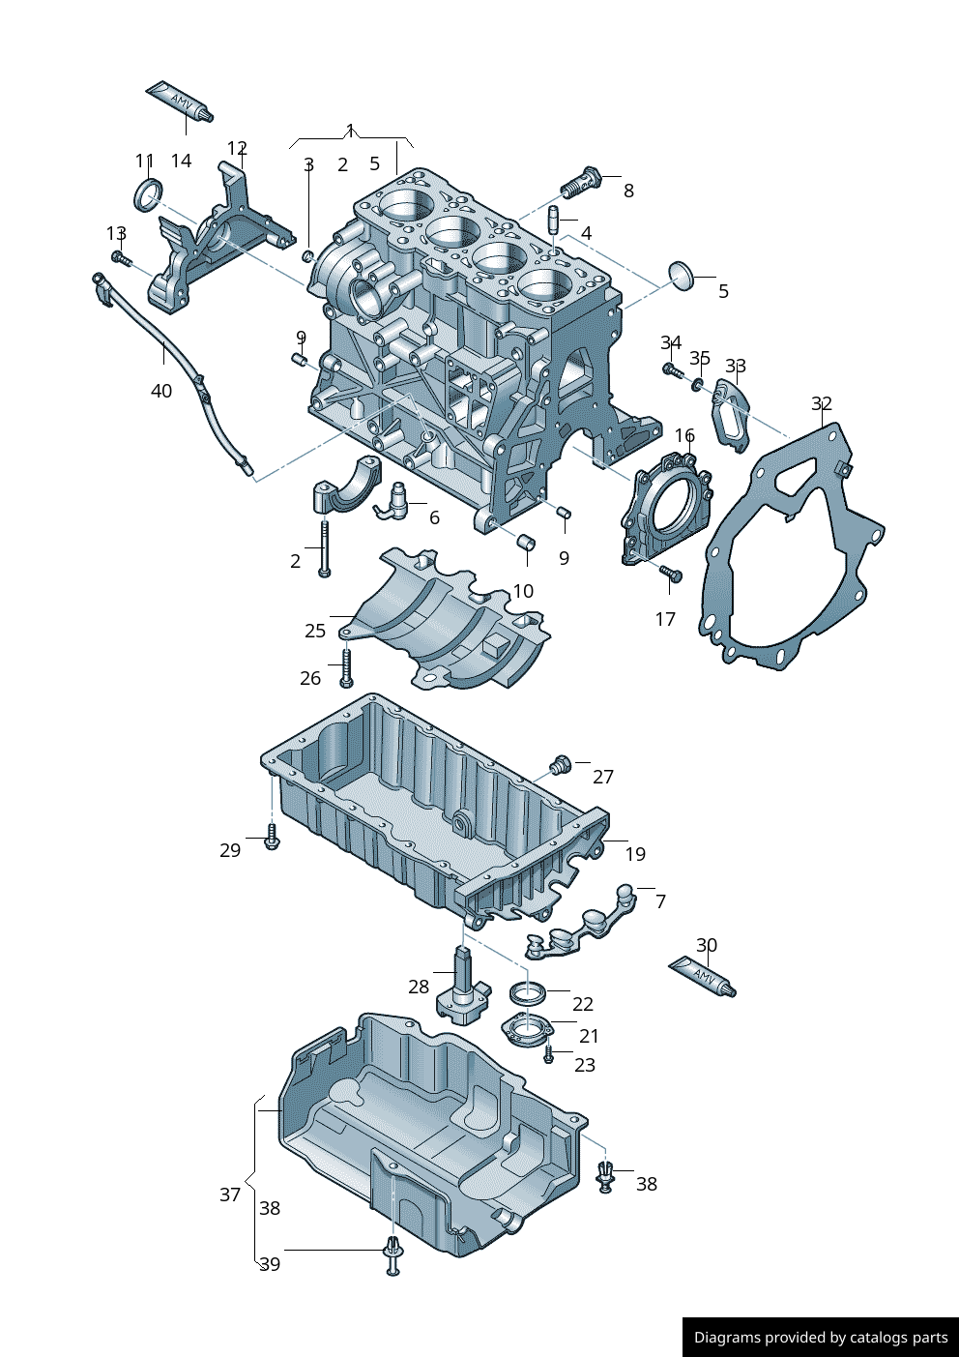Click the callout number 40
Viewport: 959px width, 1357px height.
tap(160, 391)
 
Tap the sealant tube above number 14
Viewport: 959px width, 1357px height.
tap(180, 101)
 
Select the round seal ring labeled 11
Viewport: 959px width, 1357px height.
tap(147, 194)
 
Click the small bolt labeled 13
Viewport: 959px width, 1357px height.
tap(120, 258)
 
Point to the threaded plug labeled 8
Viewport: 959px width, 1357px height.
tap(581, 182)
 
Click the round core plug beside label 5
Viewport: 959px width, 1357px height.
tap(683, 275)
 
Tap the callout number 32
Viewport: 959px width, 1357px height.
tap(821, 403)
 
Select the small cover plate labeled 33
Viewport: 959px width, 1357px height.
tap(731, 414)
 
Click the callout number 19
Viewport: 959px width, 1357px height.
tap(634, 854)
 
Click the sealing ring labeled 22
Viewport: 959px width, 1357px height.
tap(528, 992)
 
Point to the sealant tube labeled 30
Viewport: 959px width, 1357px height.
tap(703, 977)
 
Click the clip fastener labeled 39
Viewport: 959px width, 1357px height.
tap(392, 1254)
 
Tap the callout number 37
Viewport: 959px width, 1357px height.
tap(229, 1195)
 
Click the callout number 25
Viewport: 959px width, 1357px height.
tap(315, 631)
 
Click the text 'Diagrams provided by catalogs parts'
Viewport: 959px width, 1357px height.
tap(821, 1338)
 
